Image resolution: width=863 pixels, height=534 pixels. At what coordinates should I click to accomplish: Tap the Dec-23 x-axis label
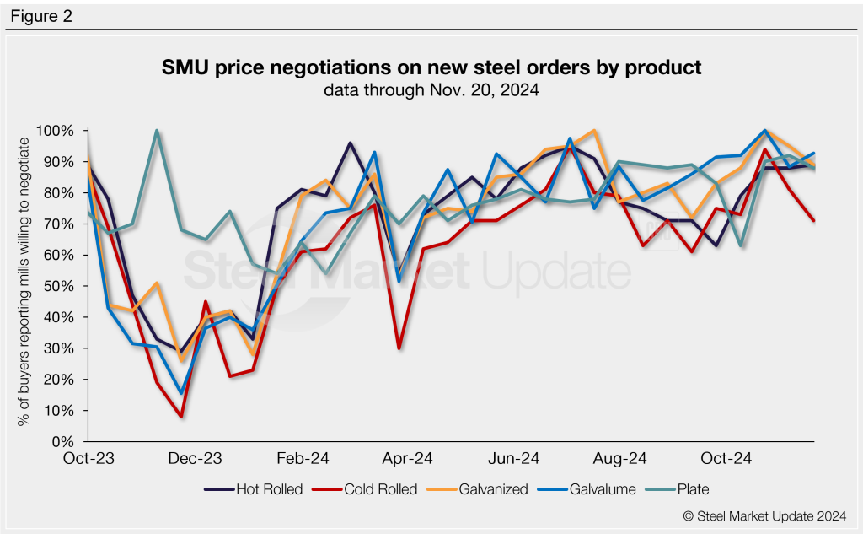(196, 459)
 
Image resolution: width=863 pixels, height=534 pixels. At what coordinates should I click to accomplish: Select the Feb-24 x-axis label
(302, 459)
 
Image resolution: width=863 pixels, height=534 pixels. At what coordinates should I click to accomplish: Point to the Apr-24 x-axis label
(408, 459)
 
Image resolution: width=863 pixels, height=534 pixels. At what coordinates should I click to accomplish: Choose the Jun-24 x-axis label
(513, 459)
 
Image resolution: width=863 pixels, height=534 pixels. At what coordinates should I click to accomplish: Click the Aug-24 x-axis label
(619, 459)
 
